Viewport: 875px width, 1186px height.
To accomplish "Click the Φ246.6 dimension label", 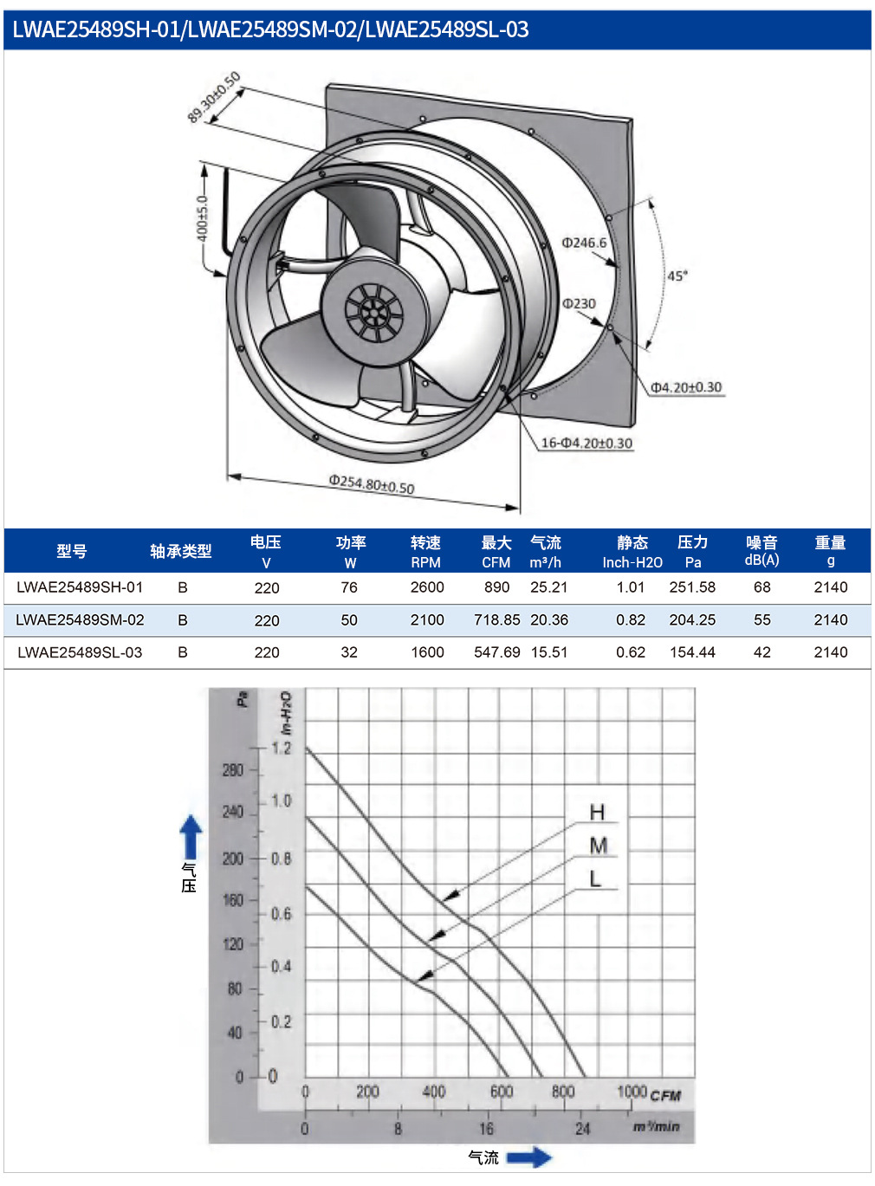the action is pos(584,243).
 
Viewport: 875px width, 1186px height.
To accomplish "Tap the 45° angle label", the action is pos(677,275).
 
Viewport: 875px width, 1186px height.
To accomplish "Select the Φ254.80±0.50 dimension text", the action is pos(371,484).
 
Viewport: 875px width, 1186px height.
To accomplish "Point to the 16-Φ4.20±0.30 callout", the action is pos(587,443).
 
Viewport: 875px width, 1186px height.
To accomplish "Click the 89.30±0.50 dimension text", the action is pos(214,97).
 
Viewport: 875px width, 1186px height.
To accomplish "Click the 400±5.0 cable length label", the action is pos(202,218).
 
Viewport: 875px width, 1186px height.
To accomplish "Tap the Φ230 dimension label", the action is pos(578,303).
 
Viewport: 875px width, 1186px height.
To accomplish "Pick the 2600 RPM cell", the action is pos(427,587).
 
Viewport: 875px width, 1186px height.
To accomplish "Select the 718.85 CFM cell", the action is pos(496,619).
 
